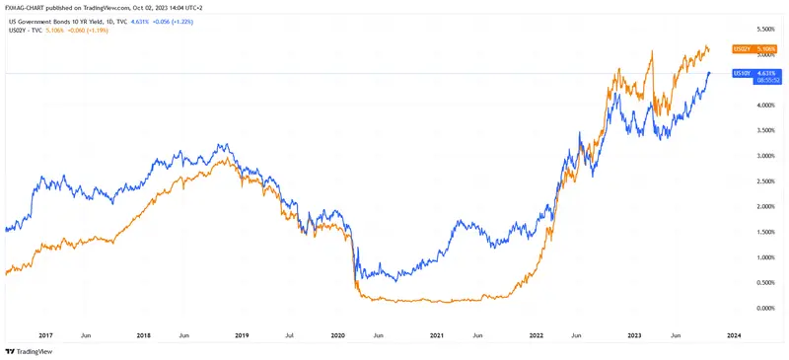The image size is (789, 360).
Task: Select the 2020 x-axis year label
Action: [x=337, y=335]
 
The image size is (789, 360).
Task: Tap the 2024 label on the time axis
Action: [x=733, y=335]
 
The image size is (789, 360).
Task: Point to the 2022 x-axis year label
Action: [x=536, y=335]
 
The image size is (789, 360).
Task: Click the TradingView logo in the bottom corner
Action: [x=29, y=351]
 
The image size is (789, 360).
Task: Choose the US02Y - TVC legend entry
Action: [x=25, y=30]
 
